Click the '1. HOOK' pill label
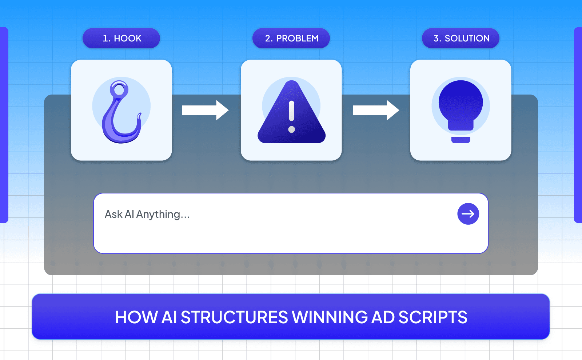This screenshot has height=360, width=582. [x=121, y=38]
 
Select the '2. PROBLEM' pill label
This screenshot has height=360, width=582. [x=291, y=38]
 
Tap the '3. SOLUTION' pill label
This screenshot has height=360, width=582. [x=461, y=38]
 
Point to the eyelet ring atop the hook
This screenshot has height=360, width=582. [x=119, y=89]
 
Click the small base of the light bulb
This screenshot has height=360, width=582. [x=461, y=140]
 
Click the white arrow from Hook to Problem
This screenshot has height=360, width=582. [x=205, y=110]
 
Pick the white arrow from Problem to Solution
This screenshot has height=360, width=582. [x=376, y=110]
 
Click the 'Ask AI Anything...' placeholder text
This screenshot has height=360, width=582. [x=147, y=214]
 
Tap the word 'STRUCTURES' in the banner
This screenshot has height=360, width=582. [x=234, y=317]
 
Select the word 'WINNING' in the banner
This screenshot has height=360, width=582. [x=330, y=317]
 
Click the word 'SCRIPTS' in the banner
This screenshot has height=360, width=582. [x=432, y=317]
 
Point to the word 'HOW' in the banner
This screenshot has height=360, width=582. [x=136, y=317]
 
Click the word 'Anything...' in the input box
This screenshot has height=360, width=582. [x=163, y=214]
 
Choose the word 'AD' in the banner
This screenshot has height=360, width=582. [x=383, y=317]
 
